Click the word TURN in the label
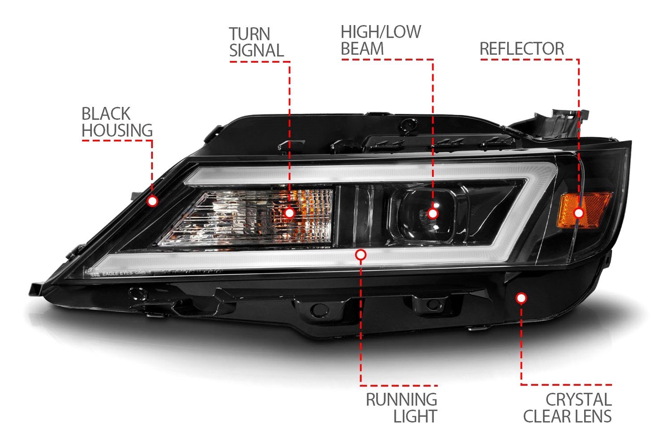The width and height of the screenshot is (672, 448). pyautogui.click(x=250, y=34)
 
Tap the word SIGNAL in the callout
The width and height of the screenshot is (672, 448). pyautogui.click(x=256, y=51)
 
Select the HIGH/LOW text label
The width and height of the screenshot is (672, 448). pyautogui.click(x=381, y=32)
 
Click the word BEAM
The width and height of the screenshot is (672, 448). pyautogui.click(x=362, y=49)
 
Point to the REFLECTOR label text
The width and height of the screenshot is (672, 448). pyautogui.click(x=521, y=49)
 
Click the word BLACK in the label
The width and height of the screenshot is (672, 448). pyautogui.click(x=106, y=114)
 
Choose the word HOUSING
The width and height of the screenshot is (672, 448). pyautogui.click(x=117, y=130)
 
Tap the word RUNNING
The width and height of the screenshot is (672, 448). pyautogui.click(x=401, y=399)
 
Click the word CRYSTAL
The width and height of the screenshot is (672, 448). pyautogui.click(x=578, y=399)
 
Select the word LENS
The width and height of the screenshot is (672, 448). pyautogui.click(x=594, y=416)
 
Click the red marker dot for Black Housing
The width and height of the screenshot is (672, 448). pyautogui.click(x=152, y=201)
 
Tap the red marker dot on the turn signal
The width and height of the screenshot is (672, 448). pyautogui.click(x=289, y=213)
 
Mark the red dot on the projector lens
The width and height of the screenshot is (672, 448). pyautogui.click(x=432, y=214)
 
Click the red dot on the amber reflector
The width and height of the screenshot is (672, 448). pyautogui.click(x=578, y=213)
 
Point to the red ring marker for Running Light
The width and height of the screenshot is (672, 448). pyautogui.click(x=361, y=255)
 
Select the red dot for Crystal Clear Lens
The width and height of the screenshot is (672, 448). pyautogui.click(x=521, y=298)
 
